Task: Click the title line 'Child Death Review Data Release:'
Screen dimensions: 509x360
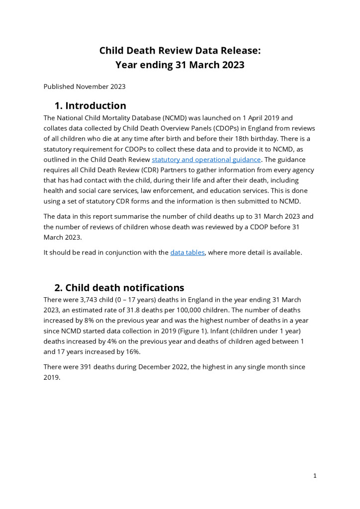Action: [180, 51]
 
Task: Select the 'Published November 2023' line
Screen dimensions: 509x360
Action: [85, 86]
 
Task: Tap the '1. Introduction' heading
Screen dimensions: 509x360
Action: [90, 106]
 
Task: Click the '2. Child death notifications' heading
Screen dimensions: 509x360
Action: [119, 288]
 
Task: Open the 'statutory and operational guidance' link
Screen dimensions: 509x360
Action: [206, 160]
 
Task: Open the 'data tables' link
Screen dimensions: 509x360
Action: [187, 253]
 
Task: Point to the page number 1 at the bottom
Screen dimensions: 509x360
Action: [315, 476]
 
